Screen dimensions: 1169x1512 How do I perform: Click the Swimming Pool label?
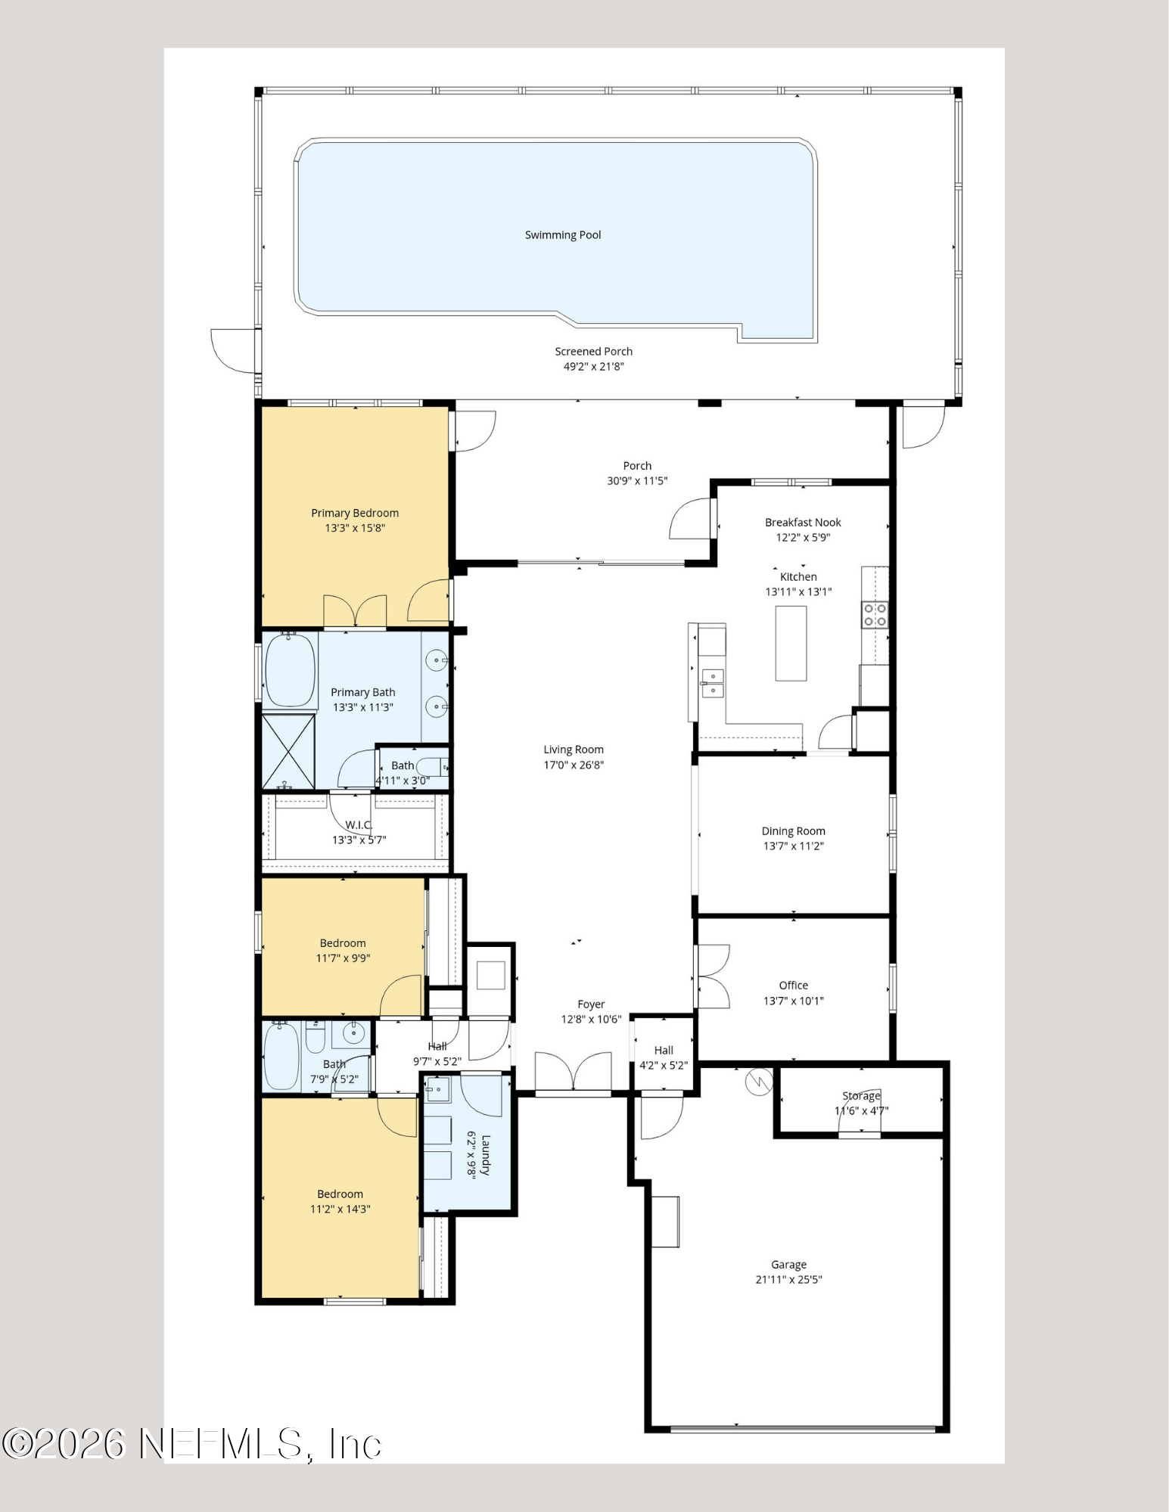pos(563,235)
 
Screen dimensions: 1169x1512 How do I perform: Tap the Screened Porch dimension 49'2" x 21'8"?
pos(594,367)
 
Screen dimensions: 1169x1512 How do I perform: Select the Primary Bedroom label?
pos(355,513)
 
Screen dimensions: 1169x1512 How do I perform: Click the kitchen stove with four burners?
pos(875,615)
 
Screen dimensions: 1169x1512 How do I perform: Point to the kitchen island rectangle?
pos(791,643)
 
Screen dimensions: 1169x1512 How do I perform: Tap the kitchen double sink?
pos(712,683)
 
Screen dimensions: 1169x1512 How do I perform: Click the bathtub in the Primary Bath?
pos(290,670)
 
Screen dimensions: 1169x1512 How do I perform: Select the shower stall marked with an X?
pos(288,751)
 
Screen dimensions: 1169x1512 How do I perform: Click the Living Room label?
pos(574,750)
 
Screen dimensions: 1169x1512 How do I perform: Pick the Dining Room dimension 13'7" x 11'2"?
pos(794,846)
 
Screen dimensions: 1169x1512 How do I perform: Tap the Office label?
pos(794,986)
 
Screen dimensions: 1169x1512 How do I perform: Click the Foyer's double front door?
pos(574,1073)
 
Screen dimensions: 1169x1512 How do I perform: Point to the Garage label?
pos(789,1265)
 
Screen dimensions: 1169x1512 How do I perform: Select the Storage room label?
pos(862,1096)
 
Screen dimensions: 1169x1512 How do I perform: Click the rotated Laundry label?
pos(486,1155)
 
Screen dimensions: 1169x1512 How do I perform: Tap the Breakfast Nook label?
pos(803,523)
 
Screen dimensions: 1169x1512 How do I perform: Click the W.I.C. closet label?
pos(359,825)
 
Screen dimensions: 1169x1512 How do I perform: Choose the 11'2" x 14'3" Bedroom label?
pos(340,1202)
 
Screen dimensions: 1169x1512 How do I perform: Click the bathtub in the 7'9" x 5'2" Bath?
pos(281,1056)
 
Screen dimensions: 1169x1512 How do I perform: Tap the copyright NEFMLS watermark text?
pos(192,1444)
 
